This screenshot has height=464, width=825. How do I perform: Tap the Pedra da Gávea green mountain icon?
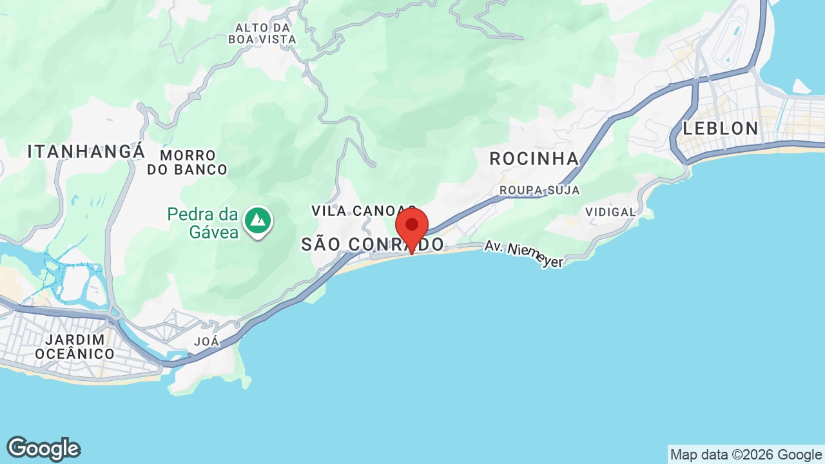coord(258,220)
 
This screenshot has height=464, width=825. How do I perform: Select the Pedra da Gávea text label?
coord(203,223)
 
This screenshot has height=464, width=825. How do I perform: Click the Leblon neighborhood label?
coord(721,128)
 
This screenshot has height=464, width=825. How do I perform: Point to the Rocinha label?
coord(534,159)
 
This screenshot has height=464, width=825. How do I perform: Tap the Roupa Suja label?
coord(539,190)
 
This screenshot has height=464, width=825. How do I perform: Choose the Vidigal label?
coord(610,211)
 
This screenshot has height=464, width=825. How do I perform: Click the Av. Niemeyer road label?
coord(523,253)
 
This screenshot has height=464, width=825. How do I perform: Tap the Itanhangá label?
coord(86,152)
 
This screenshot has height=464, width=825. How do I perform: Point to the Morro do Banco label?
coord(187,162)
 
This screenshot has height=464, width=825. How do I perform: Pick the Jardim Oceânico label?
coord(75,347)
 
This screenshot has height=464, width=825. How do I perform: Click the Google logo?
coord(43,449)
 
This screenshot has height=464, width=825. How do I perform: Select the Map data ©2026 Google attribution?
coord(746,454)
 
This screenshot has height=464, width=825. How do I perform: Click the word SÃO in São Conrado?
coord(322,244)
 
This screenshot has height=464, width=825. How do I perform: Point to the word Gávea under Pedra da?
coord(214,232)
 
